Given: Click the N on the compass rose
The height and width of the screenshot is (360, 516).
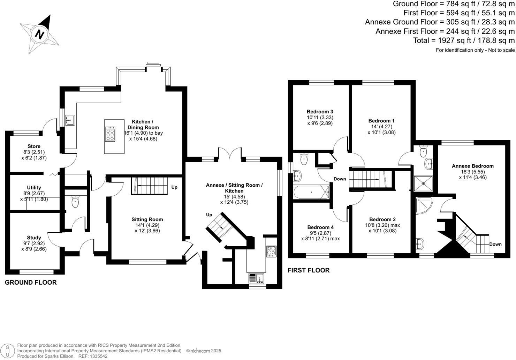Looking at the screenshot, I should pyautogui.click(x=40, y=35).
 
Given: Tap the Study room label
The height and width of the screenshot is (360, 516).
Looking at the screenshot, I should pyautogui.click(x=34, y=238).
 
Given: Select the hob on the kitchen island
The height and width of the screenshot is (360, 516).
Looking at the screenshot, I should pyautogui.click(x=111, y=134).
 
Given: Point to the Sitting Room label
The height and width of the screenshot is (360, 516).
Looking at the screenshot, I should pyautogui.click(x=147, y=219).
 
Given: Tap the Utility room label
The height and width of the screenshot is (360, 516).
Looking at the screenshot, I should pyautogui.click(x=34, y=188).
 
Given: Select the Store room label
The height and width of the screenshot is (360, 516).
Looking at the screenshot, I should pyautogui.click(x=34, y=146).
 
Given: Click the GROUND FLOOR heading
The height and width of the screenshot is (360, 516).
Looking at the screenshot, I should pyautogui.click(x=31, y=283).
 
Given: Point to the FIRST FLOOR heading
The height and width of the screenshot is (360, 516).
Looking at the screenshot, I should pyautogui.click(x=309, y=270).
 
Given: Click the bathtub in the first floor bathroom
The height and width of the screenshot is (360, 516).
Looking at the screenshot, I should pyautogui.click(x=311, y=192).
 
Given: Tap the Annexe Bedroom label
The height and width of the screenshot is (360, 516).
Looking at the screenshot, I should pyautogui.click(x=472, y=166).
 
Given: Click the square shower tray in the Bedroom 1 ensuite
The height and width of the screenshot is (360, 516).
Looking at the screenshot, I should pyautogui.click(x=423, y=183).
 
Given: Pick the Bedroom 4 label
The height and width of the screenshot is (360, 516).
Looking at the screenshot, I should pyautogui.click(x=320, y=227).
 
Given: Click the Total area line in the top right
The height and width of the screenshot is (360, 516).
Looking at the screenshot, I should pyautogui.click(x=464, y=40).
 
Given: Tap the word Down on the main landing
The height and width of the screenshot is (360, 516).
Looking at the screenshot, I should pyautogui.click(x=340, y=179).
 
